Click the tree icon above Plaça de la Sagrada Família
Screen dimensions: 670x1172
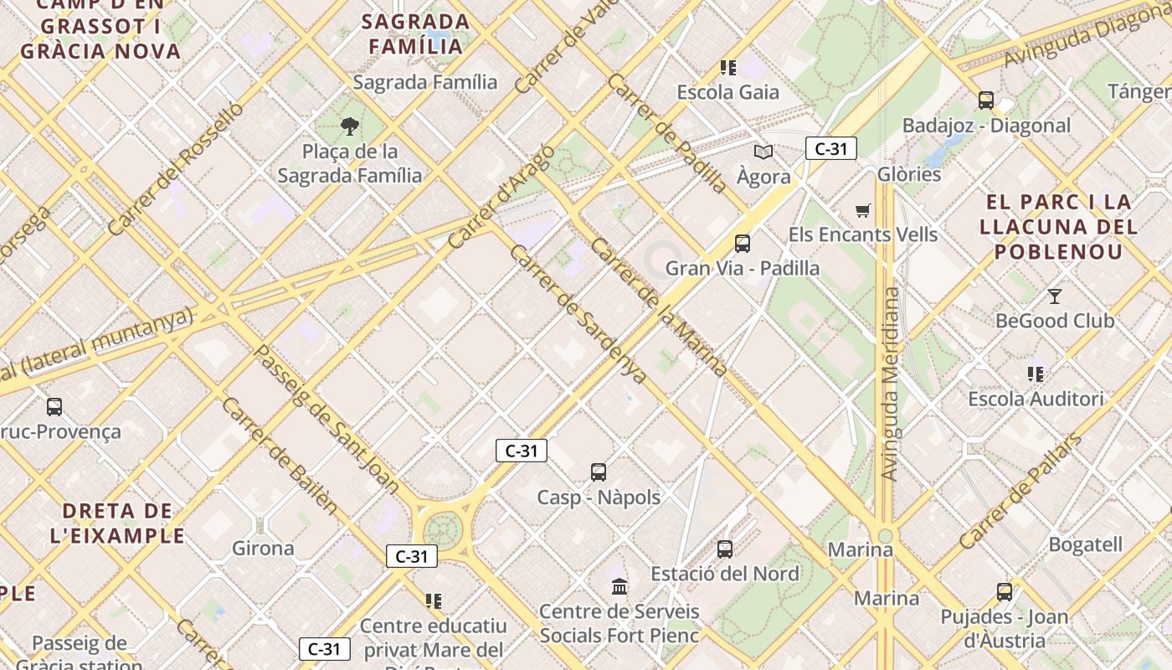350,126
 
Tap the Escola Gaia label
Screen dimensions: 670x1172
727,92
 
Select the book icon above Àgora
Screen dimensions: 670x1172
763,152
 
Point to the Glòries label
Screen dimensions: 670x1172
909,174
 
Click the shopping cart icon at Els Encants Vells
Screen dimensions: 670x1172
862,210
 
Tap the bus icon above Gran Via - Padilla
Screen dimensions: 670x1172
742,244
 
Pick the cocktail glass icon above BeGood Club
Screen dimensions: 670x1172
1054,296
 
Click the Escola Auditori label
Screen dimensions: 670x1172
1036,399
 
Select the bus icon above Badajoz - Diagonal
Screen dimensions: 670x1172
985,100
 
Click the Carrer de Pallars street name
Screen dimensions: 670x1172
1020,492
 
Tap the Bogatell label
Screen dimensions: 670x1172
1085,544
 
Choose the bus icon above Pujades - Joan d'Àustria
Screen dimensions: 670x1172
1004,592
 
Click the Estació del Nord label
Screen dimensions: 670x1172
725,574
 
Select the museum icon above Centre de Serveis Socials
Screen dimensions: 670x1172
619,585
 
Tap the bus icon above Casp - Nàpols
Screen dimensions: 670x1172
598,472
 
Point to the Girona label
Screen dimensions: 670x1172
263,549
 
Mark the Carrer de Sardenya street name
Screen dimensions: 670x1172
578,314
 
